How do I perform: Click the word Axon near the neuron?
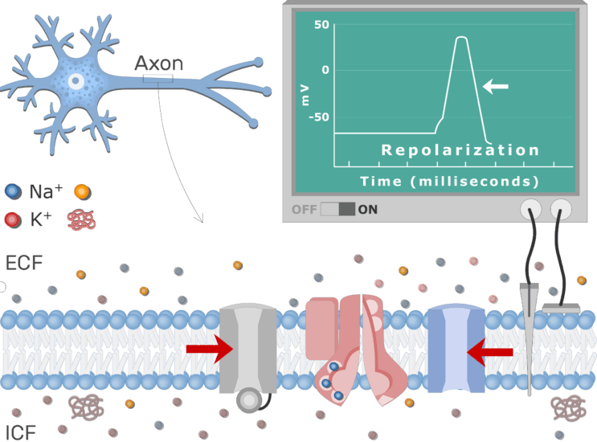tap(158, 63)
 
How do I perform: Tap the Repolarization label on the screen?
tap(460, 150)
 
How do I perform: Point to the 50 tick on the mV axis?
tap(321, 25)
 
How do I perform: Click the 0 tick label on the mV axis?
tap(325, 70)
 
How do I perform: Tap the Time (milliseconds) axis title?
tap(449, 181)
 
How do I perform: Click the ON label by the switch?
tap(368, 210)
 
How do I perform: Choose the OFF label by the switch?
tap(304, 210)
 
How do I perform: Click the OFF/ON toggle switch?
tap(337, 210)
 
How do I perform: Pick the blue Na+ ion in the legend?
tap(12, 192)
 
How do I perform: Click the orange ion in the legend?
tap(81, 192)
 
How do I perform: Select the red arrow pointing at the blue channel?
tap(490, 350)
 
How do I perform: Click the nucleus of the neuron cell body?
tap(76, 81)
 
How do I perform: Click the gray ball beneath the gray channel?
tap(248, 399)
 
